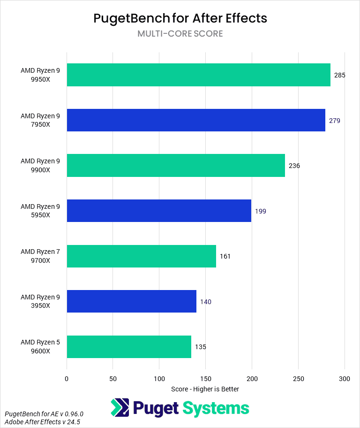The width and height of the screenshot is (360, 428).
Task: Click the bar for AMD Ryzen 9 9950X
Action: point(198,75)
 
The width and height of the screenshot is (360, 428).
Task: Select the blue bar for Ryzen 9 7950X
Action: point(196,120)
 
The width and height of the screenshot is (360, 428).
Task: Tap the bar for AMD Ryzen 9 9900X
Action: point(176,166)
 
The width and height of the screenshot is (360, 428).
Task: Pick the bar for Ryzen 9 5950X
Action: point(159,211)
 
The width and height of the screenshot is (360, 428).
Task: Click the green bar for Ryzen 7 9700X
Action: point(141,256)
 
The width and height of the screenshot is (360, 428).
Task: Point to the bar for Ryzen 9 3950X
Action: point(131,301)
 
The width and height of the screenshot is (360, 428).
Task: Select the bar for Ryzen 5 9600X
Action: point(129,347)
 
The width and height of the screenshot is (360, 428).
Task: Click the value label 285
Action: point(339,75)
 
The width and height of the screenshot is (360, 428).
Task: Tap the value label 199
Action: point(261,211)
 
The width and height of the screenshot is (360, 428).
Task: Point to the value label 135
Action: point(201,347)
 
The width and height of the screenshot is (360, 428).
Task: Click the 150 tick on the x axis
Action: point(205,379)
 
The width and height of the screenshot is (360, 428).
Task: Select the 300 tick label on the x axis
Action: point(345,379)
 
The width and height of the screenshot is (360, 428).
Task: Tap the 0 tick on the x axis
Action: point(67,379)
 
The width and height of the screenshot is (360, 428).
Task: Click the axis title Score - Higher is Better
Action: point(205,389)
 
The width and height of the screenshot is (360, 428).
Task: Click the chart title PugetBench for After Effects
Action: point(180,18)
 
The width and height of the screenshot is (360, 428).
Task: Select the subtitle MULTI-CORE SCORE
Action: point(180,34)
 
